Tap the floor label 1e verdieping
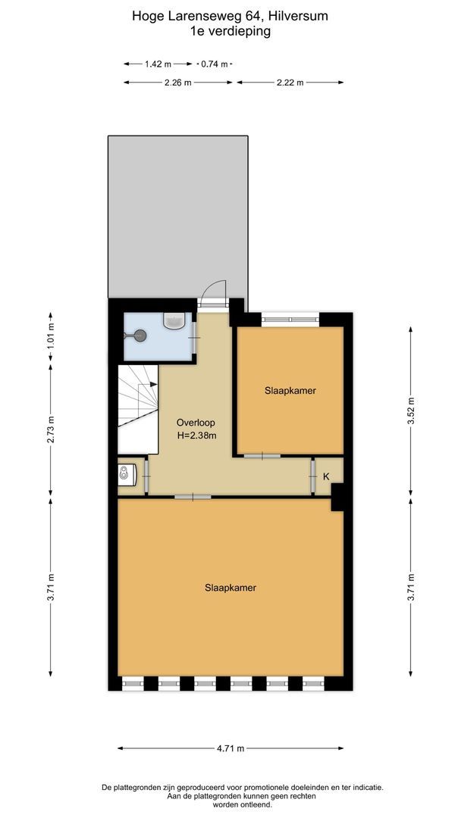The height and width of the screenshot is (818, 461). point(230,31)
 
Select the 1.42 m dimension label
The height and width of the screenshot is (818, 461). point(158,64)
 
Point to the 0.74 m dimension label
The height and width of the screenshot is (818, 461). point(214,64)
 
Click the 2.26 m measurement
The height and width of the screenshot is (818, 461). point(177,83)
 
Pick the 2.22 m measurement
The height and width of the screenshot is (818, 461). point(290,83)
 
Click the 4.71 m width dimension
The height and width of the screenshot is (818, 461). point(230,748)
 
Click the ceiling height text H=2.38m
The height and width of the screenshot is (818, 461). point(196,436)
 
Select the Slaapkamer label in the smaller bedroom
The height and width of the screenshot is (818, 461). point(290,391)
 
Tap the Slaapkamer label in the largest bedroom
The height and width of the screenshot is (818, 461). point(230,587)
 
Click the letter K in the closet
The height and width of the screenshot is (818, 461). point(326,476)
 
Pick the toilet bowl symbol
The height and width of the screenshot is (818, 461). point(125,475)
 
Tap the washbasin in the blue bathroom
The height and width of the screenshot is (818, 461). point(174,321)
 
